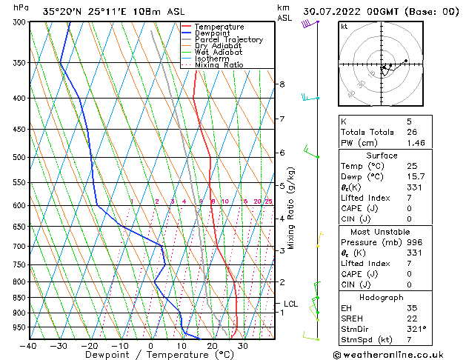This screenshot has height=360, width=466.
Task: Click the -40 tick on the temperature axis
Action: tap(28, 345)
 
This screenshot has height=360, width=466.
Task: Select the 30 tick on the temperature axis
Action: tap(243, 345)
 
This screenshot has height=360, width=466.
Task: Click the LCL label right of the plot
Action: tap(291, 304)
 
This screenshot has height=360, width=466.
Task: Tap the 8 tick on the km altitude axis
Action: tap(282, 84)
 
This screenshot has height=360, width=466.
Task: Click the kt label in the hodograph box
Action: tap(344, 26)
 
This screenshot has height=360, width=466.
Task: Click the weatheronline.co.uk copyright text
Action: tap(398, 354)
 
